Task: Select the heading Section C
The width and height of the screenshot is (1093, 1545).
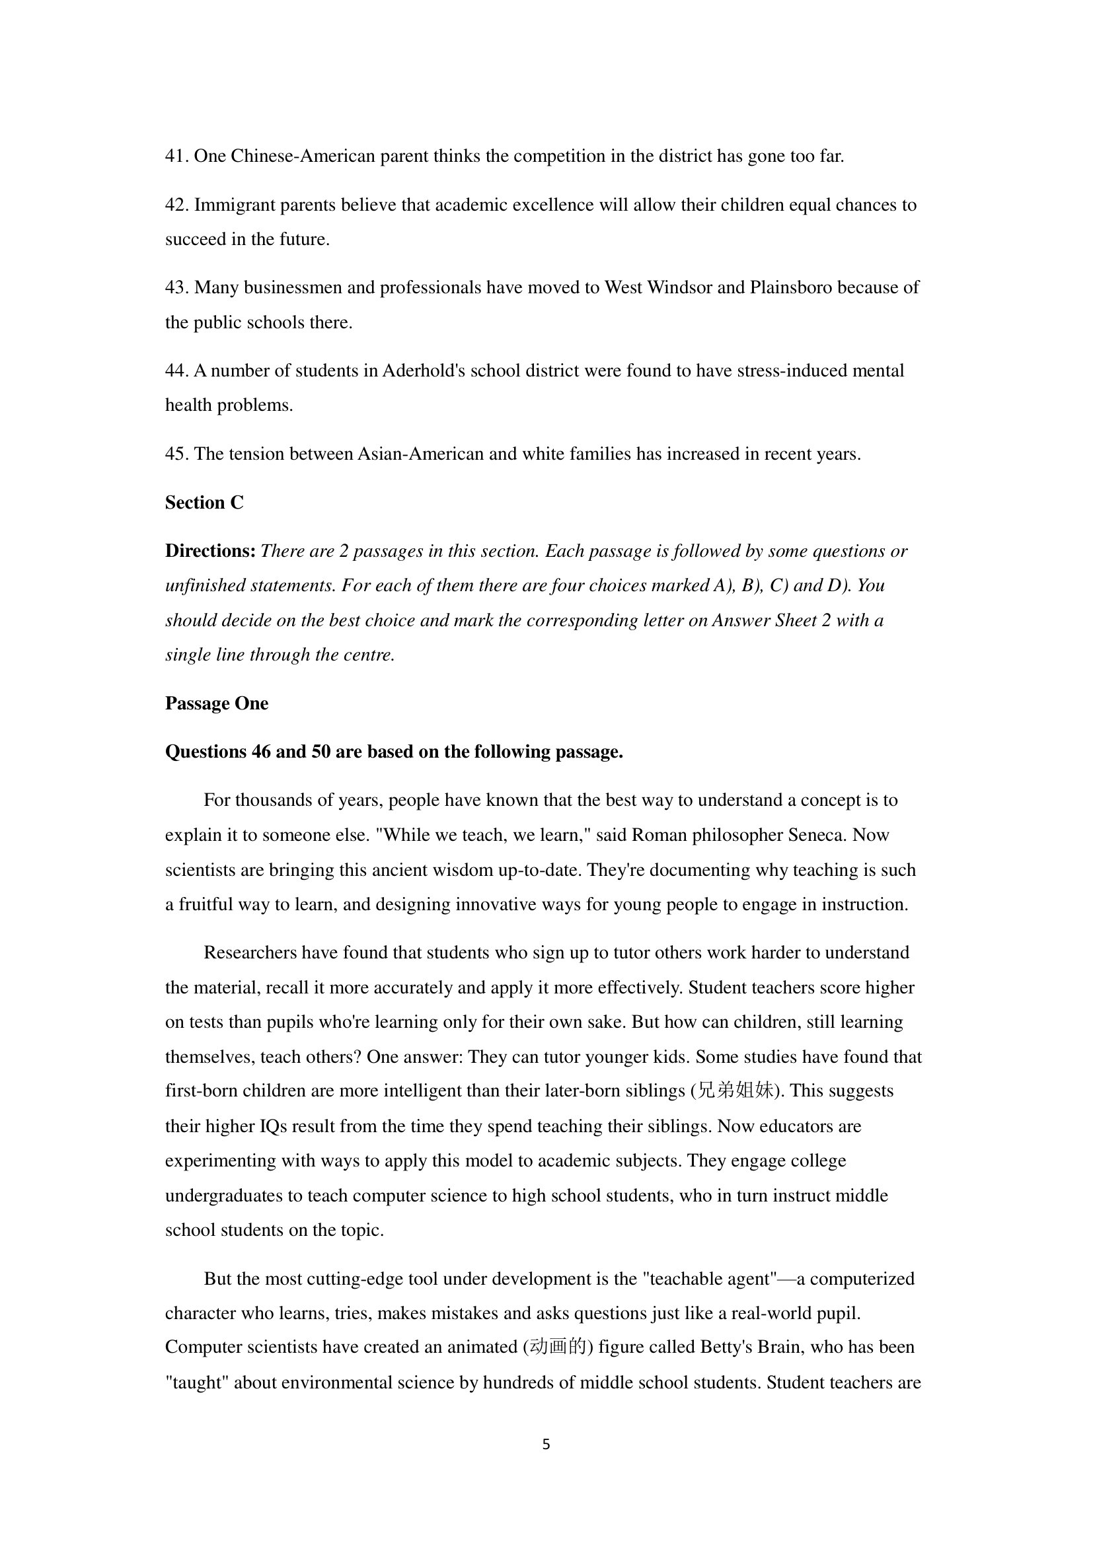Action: [x=204, y=503]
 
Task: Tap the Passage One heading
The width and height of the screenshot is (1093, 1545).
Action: [x=216, y=703]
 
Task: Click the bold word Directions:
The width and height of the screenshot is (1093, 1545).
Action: [x=210, y=551]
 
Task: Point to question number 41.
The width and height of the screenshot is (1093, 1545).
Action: [x=176, y=156]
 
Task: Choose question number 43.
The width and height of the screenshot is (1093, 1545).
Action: [x=176, y=287]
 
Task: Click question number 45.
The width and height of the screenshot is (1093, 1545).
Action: [x=176, y=454]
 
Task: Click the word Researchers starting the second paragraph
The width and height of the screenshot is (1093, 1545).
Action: [x=250, y=953]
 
